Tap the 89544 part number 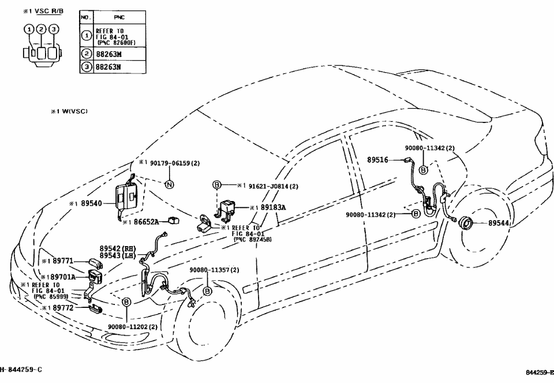coord(500,222)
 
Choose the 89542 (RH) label coord(117,247)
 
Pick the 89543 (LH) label coord(117,255)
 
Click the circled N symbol coord(169,184)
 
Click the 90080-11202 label coord(132,327)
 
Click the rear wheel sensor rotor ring coord(466,223)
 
